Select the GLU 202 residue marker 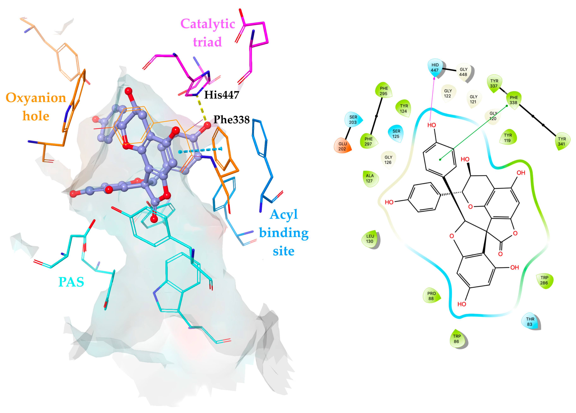[342, 146]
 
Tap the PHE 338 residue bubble [513, 100]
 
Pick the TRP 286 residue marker [544, 280]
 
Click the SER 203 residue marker [353, 119]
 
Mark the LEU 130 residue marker [370, 239]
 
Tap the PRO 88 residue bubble [431, 296]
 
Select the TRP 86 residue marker [457, 339]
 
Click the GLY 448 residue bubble [463, 72]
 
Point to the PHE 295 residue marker [384, 91]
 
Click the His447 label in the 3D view [222, 95]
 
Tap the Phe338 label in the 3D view [231, 119]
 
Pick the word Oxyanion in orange [36, 98]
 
